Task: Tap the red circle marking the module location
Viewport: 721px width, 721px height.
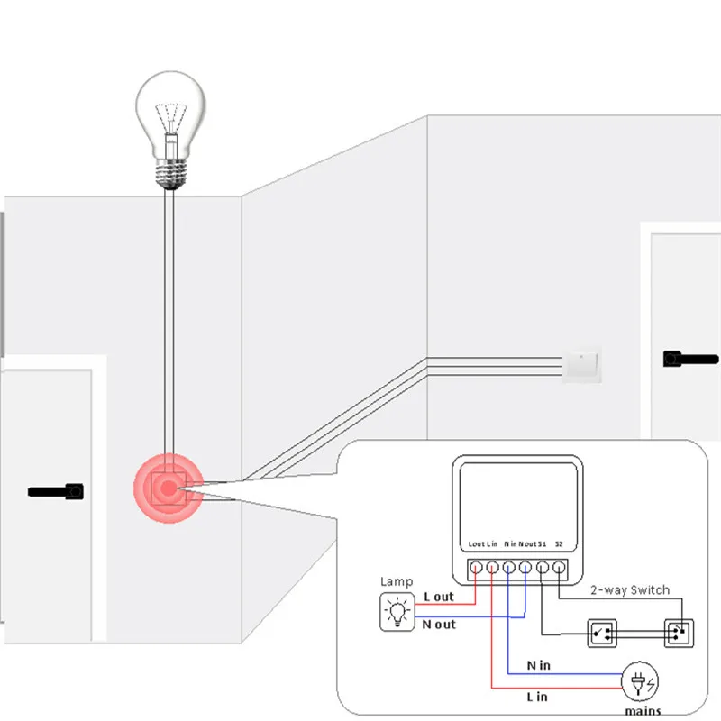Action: coord(169,488)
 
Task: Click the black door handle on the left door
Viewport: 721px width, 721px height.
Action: coord(56,491)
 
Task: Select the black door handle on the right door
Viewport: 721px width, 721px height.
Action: coord(690,359)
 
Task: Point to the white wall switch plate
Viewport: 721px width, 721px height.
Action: coord(582,364)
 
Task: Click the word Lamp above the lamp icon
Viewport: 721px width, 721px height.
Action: coord(397,581)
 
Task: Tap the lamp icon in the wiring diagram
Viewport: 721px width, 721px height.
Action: coord(397,612)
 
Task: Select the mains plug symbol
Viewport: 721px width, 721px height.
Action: coord(640,681)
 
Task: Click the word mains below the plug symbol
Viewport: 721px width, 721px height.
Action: coord(643,711)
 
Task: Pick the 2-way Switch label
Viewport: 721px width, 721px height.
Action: coord(630,590)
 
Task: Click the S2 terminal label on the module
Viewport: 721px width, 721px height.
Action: coord(559,544)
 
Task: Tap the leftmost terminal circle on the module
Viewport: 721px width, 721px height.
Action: coord(476,568)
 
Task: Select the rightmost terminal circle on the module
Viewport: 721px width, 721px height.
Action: coord(559,568)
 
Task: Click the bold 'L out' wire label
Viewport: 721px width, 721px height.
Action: coord(439,597)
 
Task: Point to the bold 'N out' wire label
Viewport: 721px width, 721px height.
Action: coord(439,625)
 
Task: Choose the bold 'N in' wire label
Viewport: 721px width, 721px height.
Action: coord(538,665)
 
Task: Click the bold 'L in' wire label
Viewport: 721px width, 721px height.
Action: coord(537,697)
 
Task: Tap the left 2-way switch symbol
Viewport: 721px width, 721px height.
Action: coord(602,634)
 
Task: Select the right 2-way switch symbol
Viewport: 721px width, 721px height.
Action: coord(680,634)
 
